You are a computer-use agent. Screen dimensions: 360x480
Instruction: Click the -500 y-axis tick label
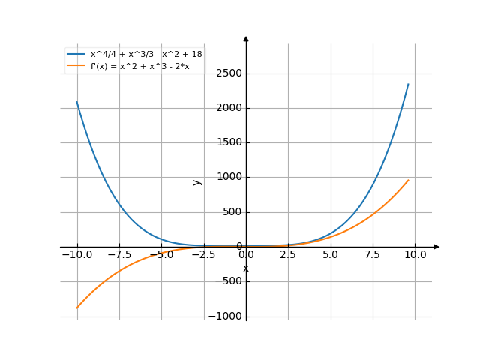(229, 281)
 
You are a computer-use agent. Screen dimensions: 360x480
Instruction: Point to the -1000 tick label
(226, 316)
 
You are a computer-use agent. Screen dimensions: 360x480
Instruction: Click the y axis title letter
(197, 182)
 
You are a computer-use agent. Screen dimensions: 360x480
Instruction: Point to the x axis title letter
(246, 268)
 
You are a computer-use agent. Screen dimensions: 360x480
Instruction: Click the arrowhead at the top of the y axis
(246, 37)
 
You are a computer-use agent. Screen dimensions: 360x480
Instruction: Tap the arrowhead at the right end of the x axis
(436, 247)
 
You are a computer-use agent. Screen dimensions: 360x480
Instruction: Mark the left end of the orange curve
(76, 307)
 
